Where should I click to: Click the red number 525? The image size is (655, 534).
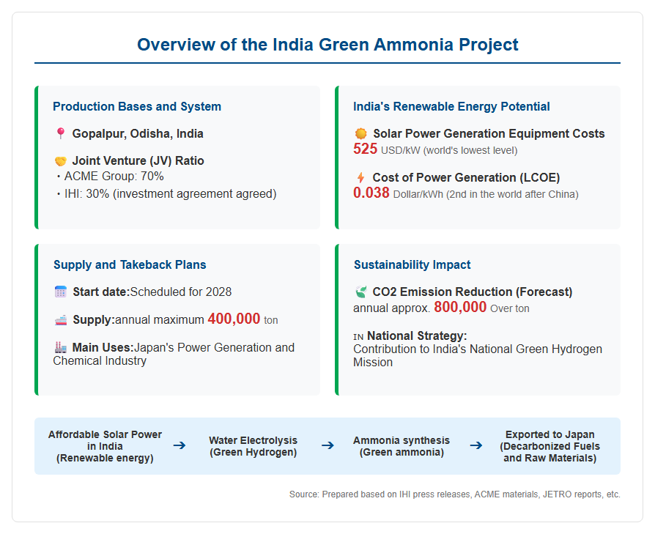[365, 149]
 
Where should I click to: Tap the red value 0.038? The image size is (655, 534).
[371, 193]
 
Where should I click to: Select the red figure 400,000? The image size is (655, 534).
[234, 319]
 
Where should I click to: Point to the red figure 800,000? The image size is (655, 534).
[460, 308]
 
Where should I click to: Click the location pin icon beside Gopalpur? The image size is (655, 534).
[61, 133]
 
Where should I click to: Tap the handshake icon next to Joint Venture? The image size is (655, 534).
[61, 161]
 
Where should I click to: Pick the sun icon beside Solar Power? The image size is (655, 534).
[361, 133]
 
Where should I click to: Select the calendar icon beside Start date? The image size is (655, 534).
[61, 292]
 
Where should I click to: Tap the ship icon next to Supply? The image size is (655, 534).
[61, 320]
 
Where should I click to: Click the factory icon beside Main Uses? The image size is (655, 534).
[61, 347]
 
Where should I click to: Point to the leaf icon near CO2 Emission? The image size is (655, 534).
[361, 292]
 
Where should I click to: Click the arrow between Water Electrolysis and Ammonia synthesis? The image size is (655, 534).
[328, 446]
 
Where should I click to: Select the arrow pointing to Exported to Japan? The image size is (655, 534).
[476, 446]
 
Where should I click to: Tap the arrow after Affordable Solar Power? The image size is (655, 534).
[180, 446]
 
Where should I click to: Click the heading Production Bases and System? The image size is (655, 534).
[137, 106]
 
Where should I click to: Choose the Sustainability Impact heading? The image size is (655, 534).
[412, 264]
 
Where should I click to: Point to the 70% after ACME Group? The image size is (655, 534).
[152, 177]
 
